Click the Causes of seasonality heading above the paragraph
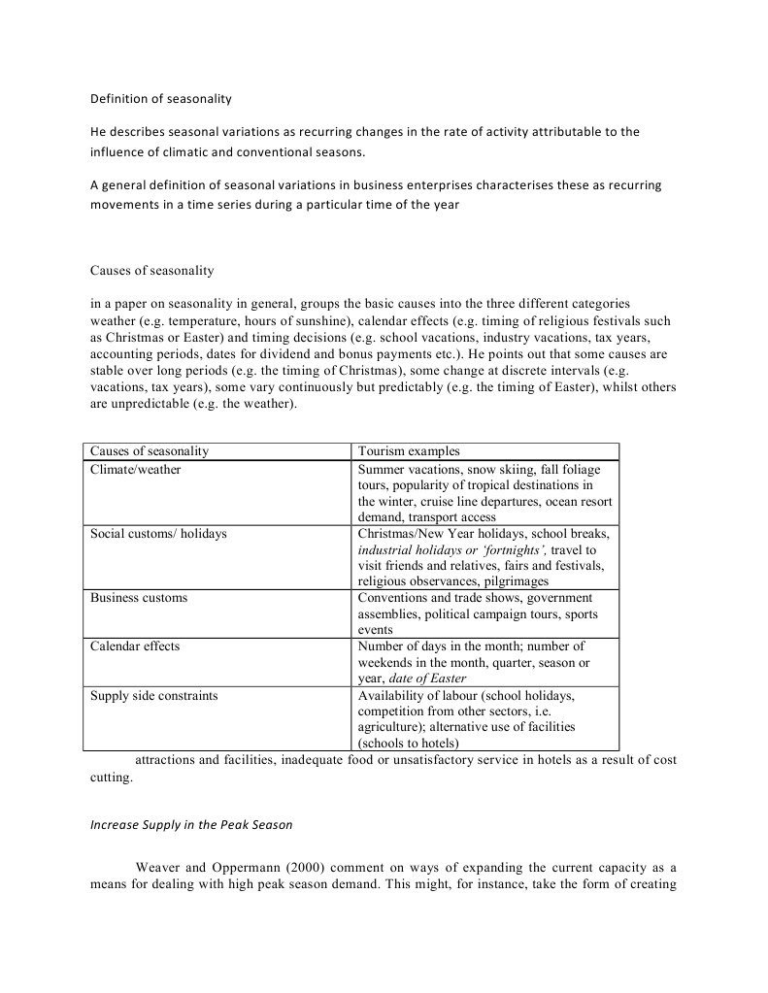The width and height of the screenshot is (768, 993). pos(152,270)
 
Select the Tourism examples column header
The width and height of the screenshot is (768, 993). pos(409,451)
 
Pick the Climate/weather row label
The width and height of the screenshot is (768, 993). pos(135,470)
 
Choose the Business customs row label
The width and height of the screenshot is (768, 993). pos(139,598)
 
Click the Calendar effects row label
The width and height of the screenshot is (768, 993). pos(135,646)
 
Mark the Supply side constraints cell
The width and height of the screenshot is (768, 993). pos(153,696)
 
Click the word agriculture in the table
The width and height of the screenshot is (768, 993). pos(389,727)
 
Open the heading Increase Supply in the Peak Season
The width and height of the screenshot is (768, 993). pos(191,825)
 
